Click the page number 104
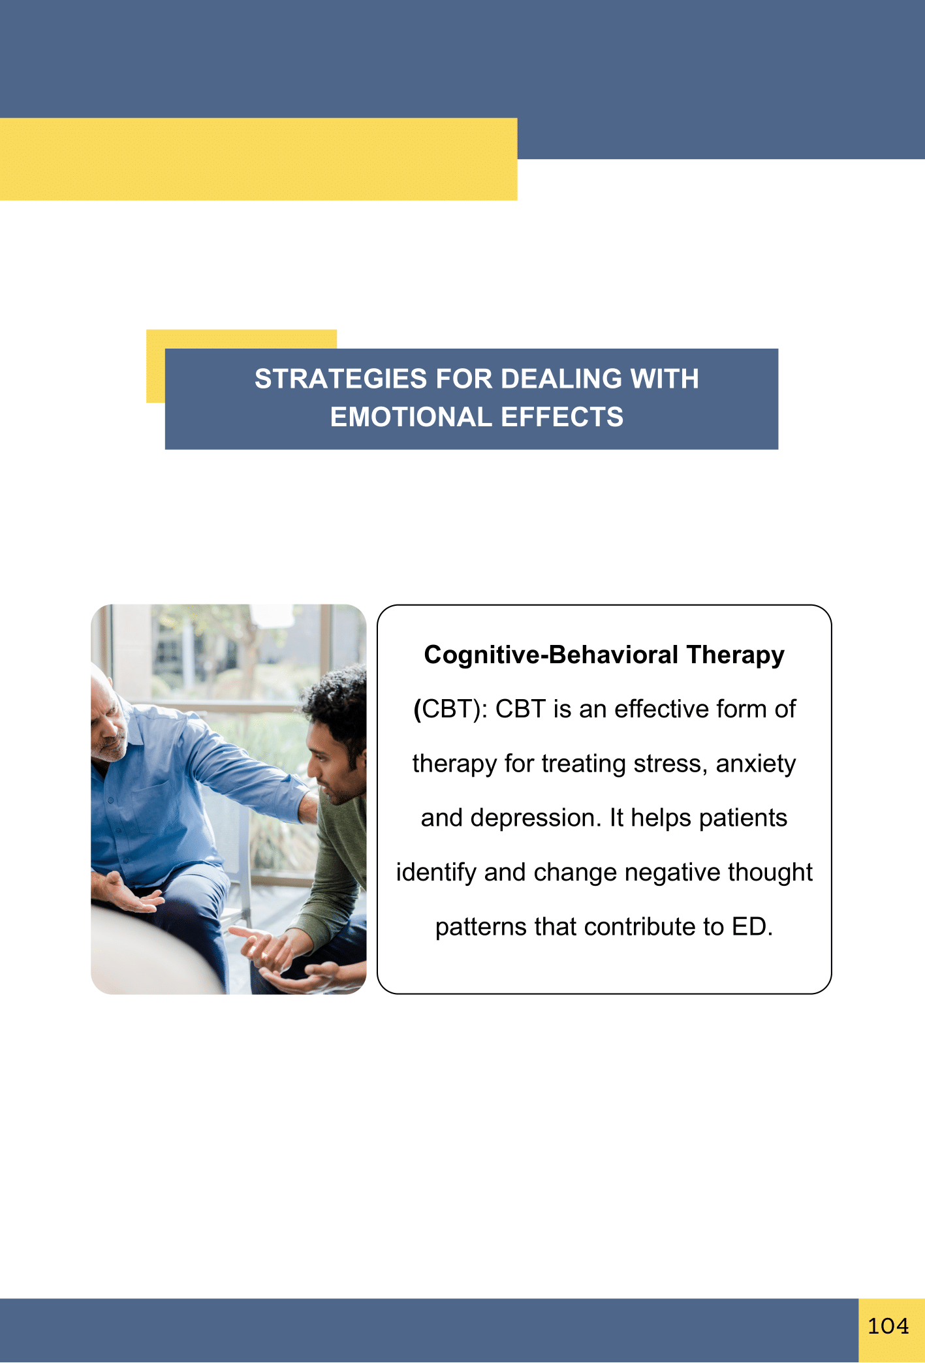[x=888, y=1326]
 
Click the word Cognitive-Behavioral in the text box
[x=552, y=655]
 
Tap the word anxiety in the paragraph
[x=756, y=764]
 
